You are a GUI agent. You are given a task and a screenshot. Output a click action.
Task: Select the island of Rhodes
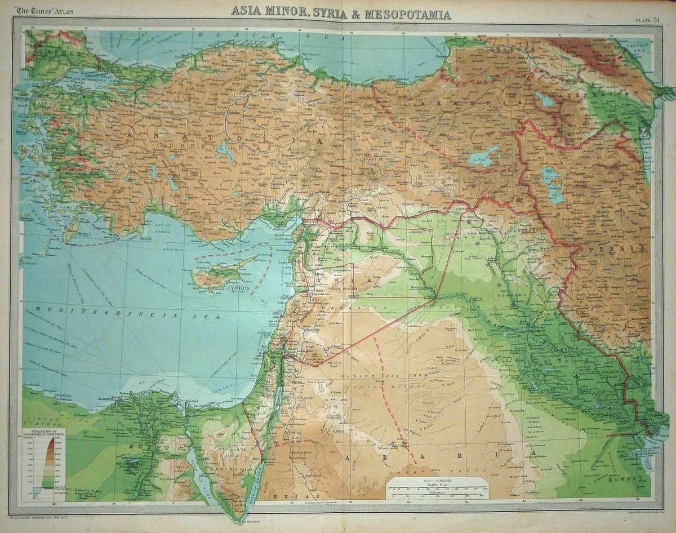[x=71, y=231]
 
